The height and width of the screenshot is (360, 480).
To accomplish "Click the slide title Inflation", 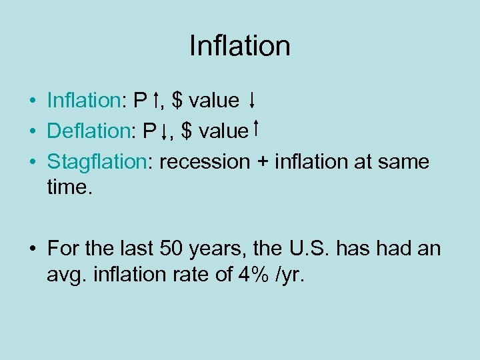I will pos(239,46).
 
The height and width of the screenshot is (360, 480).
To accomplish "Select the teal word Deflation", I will pos(83,131).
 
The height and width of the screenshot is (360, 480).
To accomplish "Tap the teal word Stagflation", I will pos(97,161).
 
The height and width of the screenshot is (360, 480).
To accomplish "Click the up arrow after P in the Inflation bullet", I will pos(155,101).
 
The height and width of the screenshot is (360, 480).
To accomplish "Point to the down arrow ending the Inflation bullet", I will pos(252,101).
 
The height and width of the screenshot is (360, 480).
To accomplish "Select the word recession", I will pos(213,161).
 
